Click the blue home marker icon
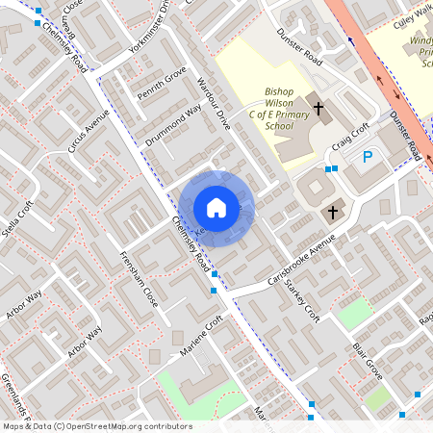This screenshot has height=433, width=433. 216,208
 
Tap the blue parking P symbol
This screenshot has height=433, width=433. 367,157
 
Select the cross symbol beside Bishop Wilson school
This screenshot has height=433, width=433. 320,110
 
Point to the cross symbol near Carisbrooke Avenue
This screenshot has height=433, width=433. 334,211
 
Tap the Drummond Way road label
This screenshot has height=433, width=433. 174,125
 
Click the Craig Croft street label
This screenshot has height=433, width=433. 351,138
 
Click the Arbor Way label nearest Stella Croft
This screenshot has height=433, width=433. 25,304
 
